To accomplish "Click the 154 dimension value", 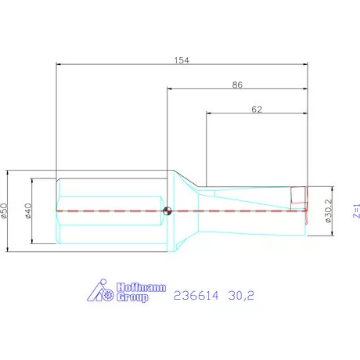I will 183,60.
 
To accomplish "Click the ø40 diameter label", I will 29,211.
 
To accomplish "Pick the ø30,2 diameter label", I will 328,210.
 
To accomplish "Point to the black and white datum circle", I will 167,210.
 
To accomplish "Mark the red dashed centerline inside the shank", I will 110,210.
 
